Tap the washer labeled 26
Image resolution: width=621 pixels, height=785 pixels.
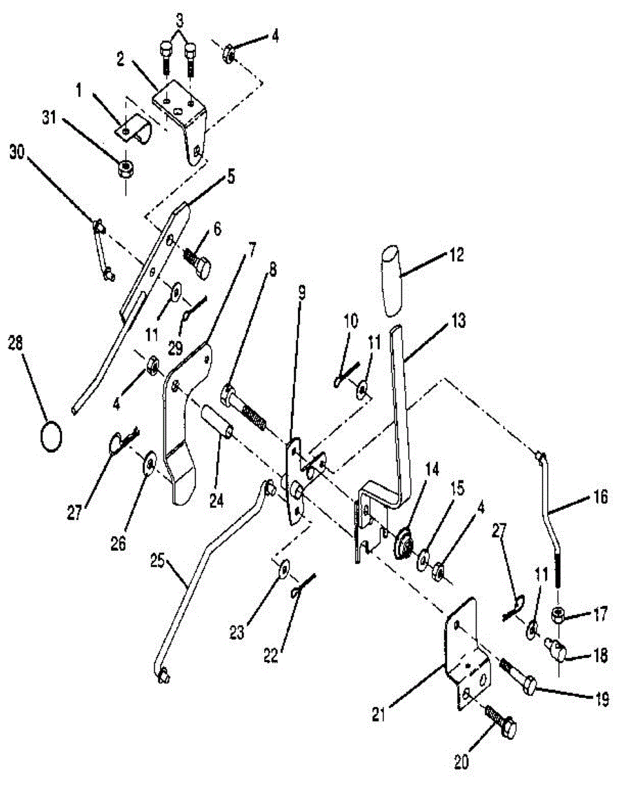[150, 462]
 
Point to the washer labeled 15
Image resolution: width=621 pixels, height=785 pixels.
[424, 558]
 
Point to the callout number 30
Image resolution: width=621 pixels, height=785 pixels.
[18, 153]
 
